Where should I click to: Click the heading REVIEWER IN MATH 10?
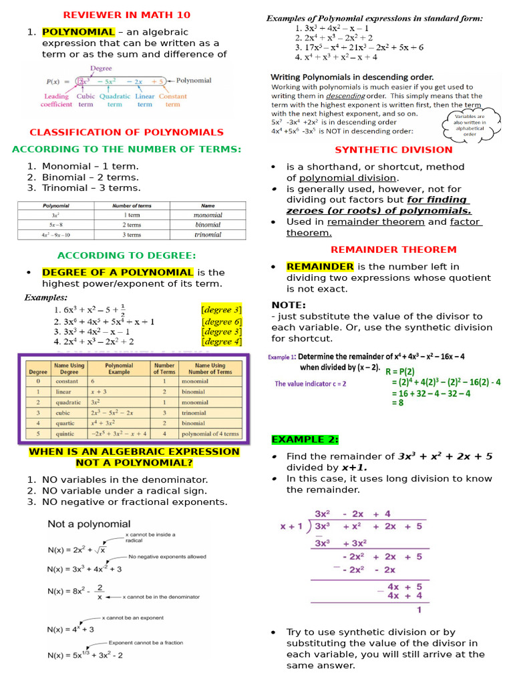click(126, 15)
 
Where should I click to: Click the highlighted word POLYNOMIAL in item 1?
click(78, 32)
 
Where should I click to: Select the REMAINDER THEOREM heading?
click(393, 249)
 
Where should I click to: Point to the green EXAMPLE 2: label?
click(305, 440)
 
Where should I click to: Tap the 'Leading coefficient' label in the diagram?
click(56, 100)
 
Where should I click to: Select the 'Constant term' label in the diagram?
click(172, 100)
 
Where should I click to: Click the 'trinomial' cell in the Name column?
click(208, 235)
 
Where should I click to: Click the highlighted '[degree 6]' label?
click(221, 321)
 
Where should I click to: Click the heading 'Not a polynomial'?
click(89, 524)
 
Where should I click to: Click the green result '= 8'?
click(397, 403)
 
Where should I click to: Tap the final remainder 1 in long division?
click(419, 609)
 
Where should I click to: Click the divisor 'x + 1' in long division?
click(291, 526)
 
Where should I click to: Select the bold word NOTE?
click(289, 305)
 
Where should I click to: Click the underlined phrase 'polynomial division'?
click(348, 178)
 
